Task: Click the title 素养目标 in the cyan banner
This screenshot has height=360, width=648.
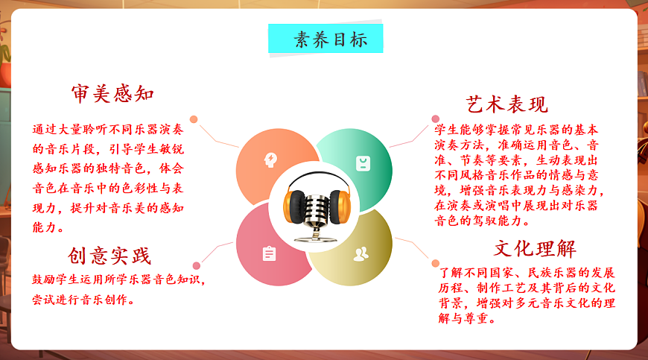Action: click(325, 40)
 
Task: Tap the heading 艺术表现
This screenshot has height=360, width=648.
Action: click(507, 104)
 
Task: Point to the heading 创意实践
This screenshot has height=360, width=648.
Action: click(110, 256)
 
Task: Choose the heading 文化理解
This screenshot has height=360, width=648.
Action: click(535, 248)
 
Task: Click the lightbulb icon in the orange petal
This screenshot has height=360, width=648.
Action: click(270, 159)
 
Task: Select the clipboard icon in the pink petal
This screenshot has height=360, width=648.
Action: click(269, 254)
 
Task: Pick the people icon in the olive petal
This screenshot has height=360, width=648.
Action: click(360, 253)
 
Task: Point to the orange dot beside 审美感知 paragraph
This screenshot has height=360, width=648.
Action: click(194, 119)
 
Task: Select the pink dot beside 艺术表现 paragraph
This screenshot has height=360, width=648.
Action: click(436, 119)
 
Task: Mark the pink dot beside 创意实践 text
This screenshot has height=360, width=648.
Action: click(197, 265)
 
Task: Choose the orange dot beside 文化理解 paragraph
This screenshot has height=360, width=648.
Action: click(436, 263)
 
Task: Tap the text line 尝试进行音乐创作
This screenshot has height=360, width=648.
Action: click(83, 300)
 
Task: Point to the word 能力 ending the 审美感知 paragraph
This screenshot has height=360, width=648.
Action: click(49, 227)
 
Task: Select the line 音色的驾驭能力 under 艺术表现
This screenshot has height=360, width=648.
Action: click(484, 221)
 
